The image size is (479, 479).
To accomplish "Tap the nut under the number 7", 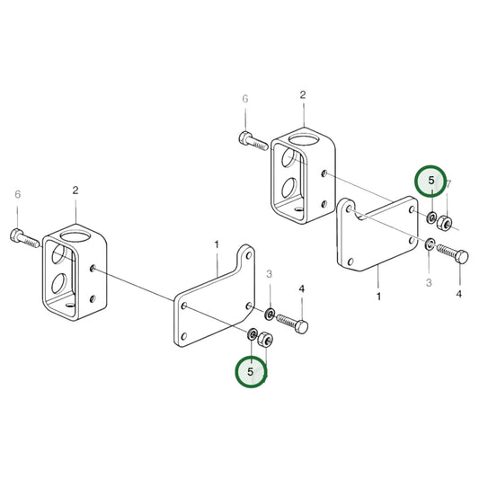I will [447, 222].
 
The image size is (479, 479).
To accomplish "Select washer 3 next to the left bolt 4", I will [270, 314].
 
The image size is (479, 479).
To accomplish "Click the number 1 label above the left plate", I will [216, 244].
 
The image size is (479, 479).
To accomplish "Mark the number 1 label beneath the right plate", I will [378, 296].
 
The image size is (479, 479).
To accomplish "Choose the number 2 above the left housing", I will [75, 191].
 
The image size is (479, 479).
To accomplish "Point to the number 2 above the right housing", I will [303, 94].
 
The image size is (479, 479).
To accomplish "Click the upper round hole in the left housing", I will [60, 253].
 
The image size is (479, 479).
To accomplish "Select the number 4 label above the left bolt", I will [301, 288].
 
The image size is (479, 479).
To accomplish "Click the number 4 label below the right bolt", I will [459, 294].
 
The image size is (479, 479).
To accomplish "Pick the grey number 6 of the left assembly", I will [17, 193].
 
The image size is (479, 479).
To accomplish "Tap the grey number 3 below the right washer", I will [429, 282].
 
